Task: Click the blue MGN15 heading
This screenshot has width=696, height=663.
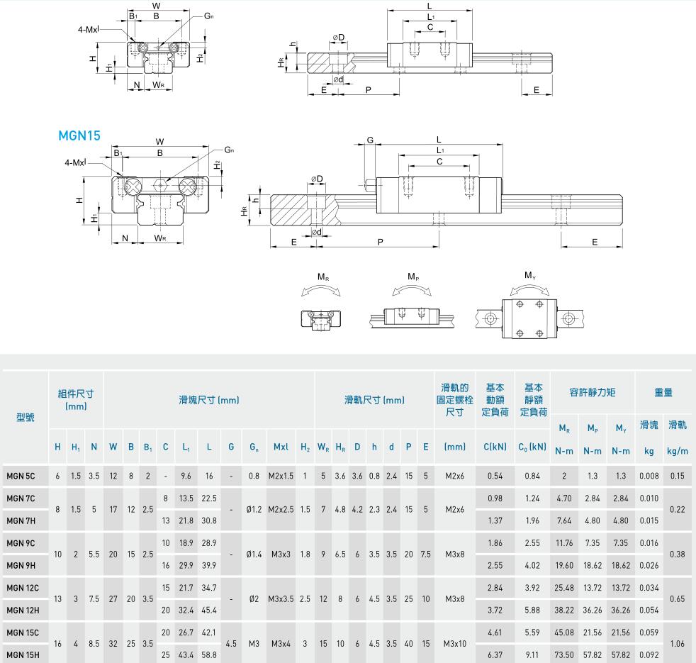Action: click(x=79, y=135)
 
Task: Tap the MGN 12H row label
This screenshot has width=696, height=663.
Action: click(x=23, y=610)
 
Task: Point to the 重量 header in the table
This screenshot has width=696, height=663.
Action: click(x=663, y=392)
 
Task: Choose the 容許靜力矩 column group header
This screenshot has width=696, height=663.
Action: click(x=592, y=392)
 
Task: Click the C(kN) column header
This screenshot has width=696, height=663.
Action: click(x=495, y=447)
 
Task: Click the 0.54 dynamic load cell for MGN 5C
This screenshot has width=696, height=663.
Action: click(x=495, y=476)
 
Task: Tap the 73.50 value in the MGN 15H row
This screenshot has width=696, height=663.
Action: click(x=564, y=655)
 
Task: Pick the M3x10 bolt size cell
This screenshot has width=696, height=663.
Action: click(x=454, y=643)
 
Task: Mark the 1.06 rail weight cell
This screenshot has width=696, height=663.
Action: click(x=678, y=643)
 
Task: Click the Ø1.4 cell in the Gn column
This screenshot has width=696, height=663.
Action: click(x=254, y=554)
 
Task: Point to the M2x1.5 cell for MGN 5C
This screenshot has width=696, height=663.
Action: click(x=281, y=476)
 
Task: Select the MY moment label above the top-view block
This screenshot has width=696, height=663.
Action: click(x=529, y=275)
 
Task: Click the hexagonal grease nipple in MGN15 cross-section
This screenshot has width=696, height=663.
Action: click(x=161, y=186)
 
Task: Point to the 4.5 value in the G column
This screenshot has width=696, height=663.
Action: click(x=231, y=643)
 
